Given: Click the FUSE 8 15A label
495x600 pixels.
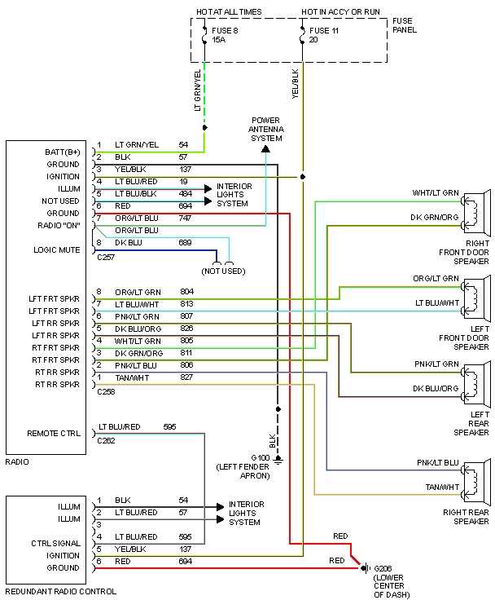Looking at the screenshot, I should pyautogui.click(x=225, y=34).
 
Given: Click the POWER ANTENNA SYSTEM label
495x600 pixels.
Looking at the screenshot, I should pyautogui.click(x=265, y=128).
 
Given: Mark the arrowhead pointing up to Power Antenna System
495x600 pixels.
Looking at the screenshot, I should pyautogui.click(x=265, y=149).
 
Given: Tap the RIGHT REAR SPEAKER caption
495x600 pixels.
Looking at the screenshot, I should pyautogui.click(x=466, y=516).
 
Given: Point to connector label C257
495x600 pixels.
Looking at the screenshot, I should pyautogui.click(x=106, y=256).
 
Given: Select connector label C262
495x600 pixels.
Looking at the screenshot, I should pyautogui.click(x=106, y=440).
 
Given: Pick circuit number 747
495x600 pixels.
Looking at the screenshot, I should pyautogui.click(x=186, y=218).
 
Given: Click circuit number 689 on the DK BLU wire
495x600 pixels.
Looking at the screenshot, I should pyautogui.click(x=186, y=243).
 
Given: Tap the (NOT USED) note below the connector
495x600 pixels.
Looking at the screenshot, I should pyautogui.click(x=223, y=270).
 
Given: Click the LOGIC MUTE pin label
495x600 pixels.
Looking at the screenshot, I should pyautogui.click(x=57, y=249).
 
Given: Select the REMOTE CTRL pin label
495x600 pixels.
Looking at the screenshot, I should pyautogui.click(x=54, y=433).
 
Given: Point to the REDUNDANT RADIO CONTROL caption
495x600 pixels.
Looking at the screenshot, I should pyautogui.click(x=61, y=591).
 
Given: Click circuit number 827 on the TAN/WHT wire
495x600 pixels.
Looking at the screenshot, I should pyautogui.click(x=186, y=377).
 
